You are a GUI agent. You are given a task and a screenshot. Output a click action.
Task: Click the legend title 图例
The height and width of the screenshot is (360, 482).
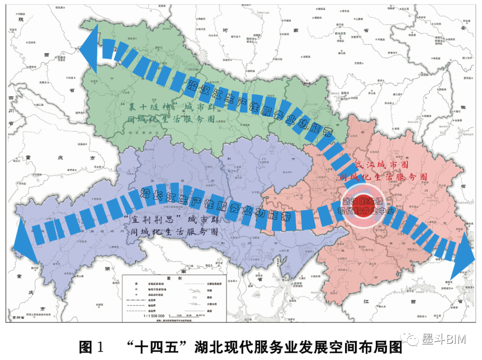pyautogui.click(x=175, y=278)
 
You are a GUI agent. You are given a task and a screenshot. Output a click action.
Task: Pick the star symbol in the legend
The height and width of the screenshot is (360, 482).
pyautogui.click(x=129, y=284)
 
